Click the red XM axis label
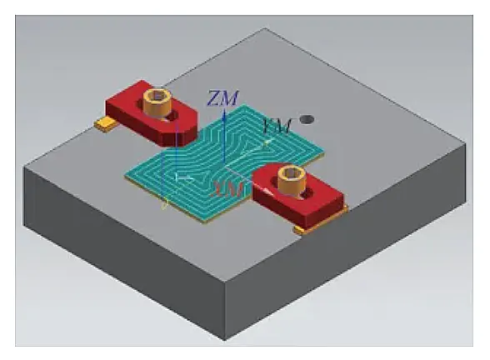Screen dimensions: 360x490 (228, 188)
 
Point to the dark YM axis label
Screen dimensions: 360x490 (275, 125)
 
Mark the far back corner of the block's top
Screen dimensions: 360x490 (265, 31)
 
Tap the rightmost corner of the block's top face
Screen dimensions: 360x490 (462, 162)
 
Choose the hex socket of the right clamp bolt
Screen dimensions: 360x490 (292, 173)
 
